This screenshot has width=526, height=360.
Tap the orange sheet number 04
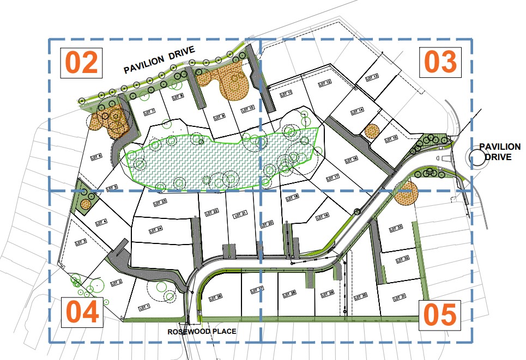[x=82, y=313]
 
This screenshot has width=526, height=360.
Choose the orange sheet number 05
[x=439, y=314]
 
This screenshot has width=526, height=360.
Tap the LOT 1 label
[x=144, y=306]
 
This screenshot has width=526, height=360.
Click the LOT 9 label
[x=221, y=115]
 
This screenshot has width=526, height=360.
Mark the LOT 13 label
[x=373, y=77]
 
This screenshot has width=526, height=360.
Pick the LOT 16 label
[x=352, y=159]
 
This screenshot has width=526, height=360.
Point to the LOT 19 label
[x=323, y=216]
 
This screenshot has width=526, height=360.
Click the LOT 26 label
[x=216, y=297]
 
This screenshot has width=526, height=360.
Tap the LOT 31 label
[x=400, y=297]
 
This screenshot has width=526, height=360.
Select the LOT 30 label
[x=361, y=296]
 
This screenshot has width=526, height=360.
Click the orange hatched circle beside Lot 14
[x=372, y=131]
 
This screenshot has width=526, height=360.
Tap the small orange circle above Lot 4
[x=85, y=204]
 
